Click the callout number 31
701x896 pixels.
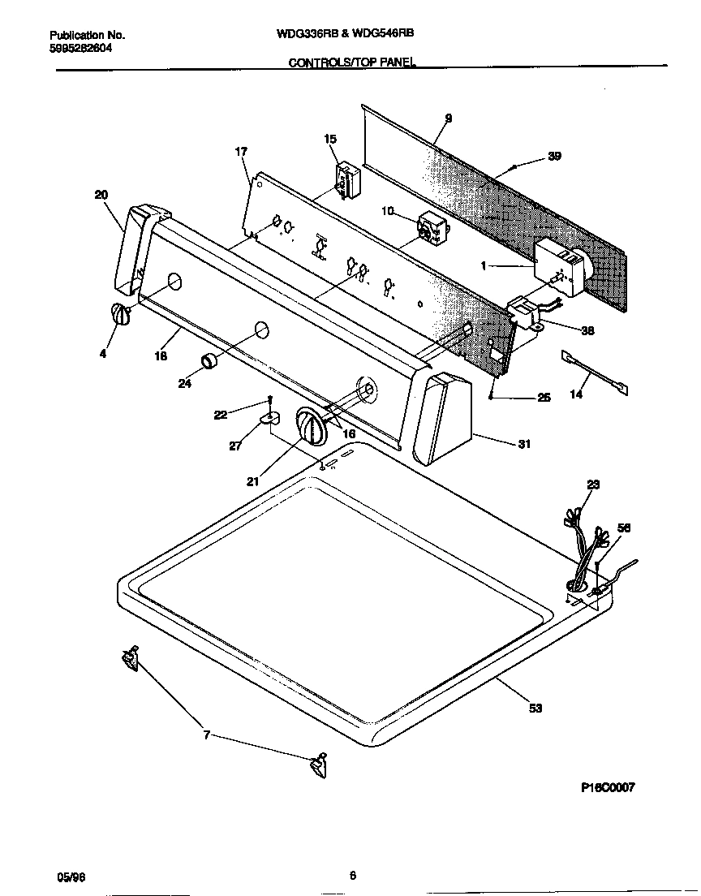pyautogui.click(x=525, y=444)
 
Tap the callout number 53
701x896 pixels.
pyautogui.click(x=535, y=709)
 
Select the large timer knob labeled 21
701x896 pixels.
pyautogui.click(x=309, y=427)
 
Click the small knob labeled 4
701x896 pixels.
pyautogui.click(x=119, y=315)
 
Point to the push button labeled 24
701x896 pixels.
pyautogui.click(x=210, y=361)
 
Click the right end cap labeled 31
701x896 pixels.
pyautogui.click(x=442, y=417)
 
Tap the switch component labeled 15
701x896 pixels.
pyautogui.click(x=346, y=180)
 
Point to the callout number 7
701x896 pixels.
pyautogui.click(x=206, y=735)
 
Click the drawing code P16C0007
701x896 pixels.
pyautogui.click(x=608, y=787)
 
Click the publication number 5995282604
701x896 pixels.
pyautogui.click(x=80, y=48)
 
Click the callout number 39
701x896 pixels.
pyautogui.click(x=554, y=157)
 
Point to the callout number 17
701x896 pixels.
pyautogui.click(x=241, y=151)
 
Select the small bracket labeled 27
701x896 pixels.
pyautogui.click(x=269, y=418)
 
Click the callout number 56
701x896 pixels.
pyautogui.click(x=623, y=528)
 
